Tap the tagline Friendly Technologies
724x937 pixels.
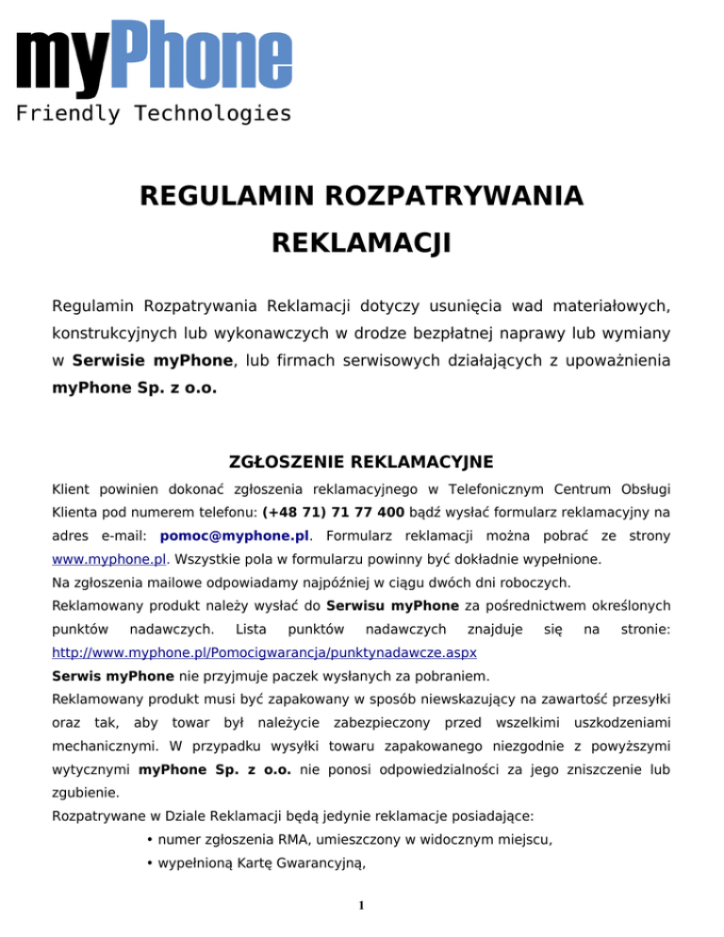[154, 114]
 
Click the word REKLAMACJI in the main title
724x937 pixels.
[361, 245]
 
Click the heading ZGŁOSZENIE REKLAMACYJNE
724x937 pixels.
[362, 463]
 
